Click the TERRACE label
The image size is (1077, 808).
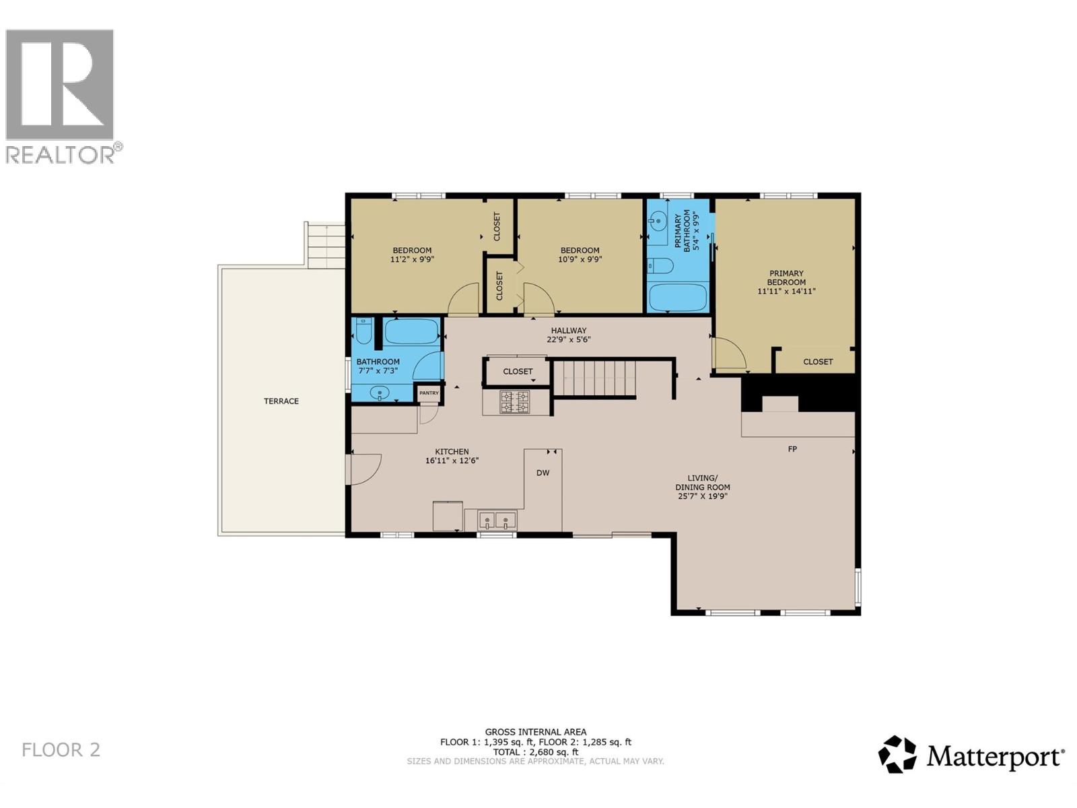281,401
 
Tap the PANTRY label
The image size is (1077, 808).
429,393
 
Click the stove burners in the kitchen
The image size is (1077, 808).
514,402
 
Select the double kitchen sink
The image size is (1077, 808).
497,520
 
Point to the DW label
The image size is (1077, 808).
543,473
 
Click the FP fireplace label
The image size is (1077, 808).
792,449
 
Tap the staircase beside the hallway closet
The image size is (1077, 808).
594,378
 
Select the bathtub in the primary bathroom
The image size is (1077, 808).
678,298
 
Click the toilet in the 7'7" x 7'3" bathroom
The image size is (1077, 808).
363,332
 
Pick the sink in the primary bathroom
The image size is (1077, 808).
658,220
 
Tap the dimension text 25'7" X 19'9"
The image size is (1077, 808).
703,496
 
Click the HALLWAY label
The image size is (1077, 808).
569,331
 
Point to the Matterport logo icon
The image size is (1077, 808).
897,754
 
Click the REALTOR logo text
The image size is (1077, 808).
61,155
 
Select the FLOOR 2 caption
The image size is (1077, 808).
61,749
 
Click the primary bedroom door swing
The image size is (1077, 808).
728,355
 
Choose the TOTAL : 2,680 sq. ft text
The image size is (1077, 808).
535,752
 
